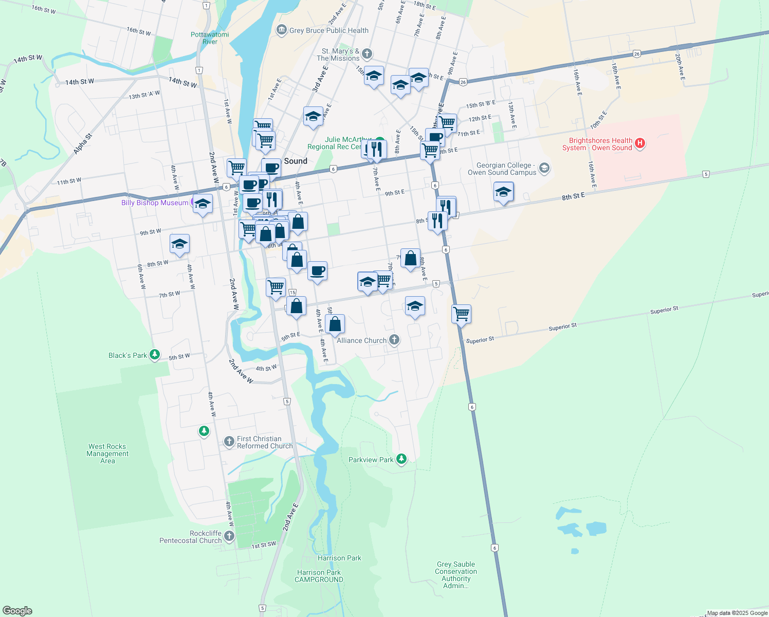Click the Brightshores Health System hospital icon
[x=640, y=143]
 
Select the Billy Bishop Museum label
[x=155, y=203]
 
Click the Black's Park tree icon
[x=155, y=355]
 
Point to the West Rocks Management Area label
[x=107, y=453]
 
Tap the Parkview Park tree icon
[x=401, y=459]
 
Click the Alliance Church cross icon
[x=394, y=339]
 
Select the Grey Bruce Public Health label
[x=328, y=30]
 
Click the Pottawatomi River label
[x=210, y=38]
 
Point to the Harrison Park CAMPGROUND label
[x=319, y=576]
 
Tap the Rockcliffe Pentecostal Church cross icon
[x=229, y=536]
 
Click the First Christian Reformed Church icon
[x=229, y=442]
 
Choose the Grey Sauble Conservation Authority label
[x=456, y=575]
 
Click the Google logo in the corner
[x=17, y=611]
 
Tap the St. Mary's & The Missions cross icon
[x=367, y=53]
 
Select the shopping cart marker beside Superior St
[x=462, y=314]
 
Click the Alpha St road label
[x=82, y=144]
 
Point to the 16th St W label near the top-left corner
[x=43, y=9]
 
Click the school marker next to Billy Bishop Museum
[x=203, y=204]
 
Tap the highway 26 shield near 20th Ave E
[x=637, y=53]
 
